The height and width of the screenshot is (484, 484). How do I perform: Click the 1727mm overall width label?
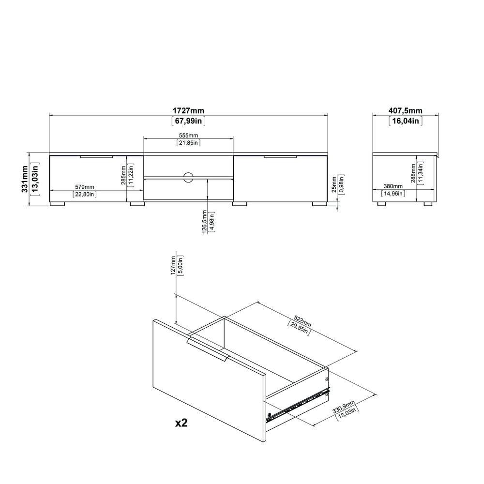[188, 110]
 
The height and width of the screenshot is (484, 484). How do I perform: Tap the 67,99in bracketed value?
[188, 121]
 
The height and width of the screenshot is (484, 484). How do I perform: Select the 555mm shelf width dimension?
[188, 135]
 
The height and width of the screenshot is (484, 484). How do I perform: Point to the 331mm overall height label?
[25, 179]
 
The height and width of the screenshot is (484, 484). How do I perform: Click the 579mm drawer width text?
[85, 187]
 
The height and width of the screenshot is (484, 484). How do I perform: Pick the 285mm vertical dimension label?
[123, 175]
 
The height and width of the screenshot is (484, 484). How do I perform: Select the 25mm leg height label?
[334, 184]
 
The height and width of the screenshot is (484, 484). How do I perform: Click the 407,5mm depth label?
[405, 110]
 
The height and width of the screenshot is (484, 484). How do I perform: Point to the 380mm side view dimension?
[393, 186]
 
